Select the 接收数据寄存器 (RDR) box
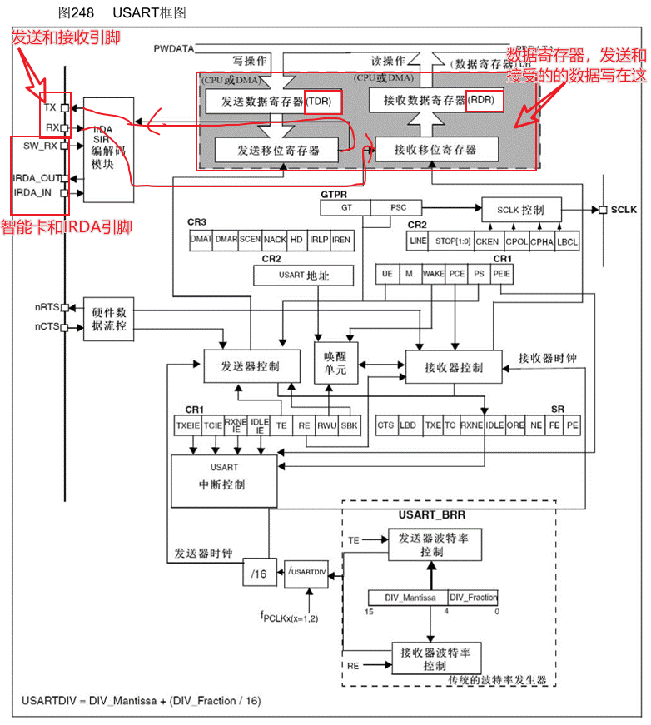pyautogui.click(x=436, y=101)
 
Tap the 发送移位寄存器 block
pyautogui.click(x=277, y=150)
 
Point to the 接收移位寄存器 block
pyautogui.click(x=436, y=150)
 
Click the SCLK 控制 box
pyautogui.click(x=522, y=209)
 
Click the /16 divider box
pyautogui.click(x=260, y=573)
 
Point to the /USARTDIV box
pyautogui.click(x=307, y=573)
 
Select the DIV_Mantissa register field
pyautogui.click(x=408, y=597)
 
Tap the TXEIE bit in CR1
pyautogui.click(x=186, y=425)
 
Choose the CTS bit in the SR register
pyautogui.click(x=385, y=425)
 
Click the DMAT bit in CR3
pyautogui.click(x=201, y=240)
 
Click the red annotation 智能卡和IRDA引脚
pyautogui.click(x=67, y=226)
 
